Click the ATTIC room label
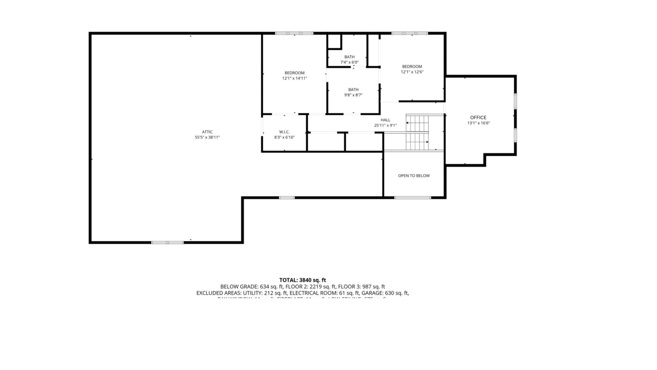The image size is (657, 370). (x=207, y=132)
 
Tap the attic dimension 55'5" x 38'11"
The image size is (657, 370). (x=207, y=137)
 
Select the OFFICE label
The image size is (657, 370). (x=478, y=118)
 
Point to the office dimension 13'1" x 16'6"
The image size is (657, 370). (x=478, y=123)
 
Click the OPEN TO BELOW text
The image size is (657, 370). (x=414, y=176)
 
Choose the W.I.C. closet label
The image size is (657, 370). (x=284, y=132)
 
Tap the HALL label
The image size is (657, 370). (x=385, y=120)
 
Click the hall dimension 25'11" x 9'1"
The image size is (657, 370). (x=385, y=125)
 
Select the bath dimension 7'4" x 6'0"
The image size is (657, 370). (x=349, y=62)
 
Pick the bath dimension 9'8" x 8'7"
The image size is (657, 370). (x=353, y=95)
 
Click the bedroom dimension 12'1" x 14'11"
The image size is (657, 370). (x=294, y=78)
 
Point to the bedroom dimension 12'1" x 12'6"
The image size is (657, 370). (x=412, y=72)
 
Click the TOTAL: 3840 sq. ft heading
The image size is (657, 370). (x=302, y=280)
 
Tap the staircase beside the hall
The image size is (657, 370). (x=417, y=133)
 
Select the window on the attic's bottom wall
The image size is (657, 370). (x=167, y=243)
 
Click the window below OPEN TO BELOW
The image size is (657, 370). (x=412, y=198)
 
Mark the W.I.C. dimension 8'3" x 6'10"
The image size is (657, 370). (x=284, y=137)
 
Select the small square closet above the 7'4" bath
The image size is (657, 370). (x=334, y=41)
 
